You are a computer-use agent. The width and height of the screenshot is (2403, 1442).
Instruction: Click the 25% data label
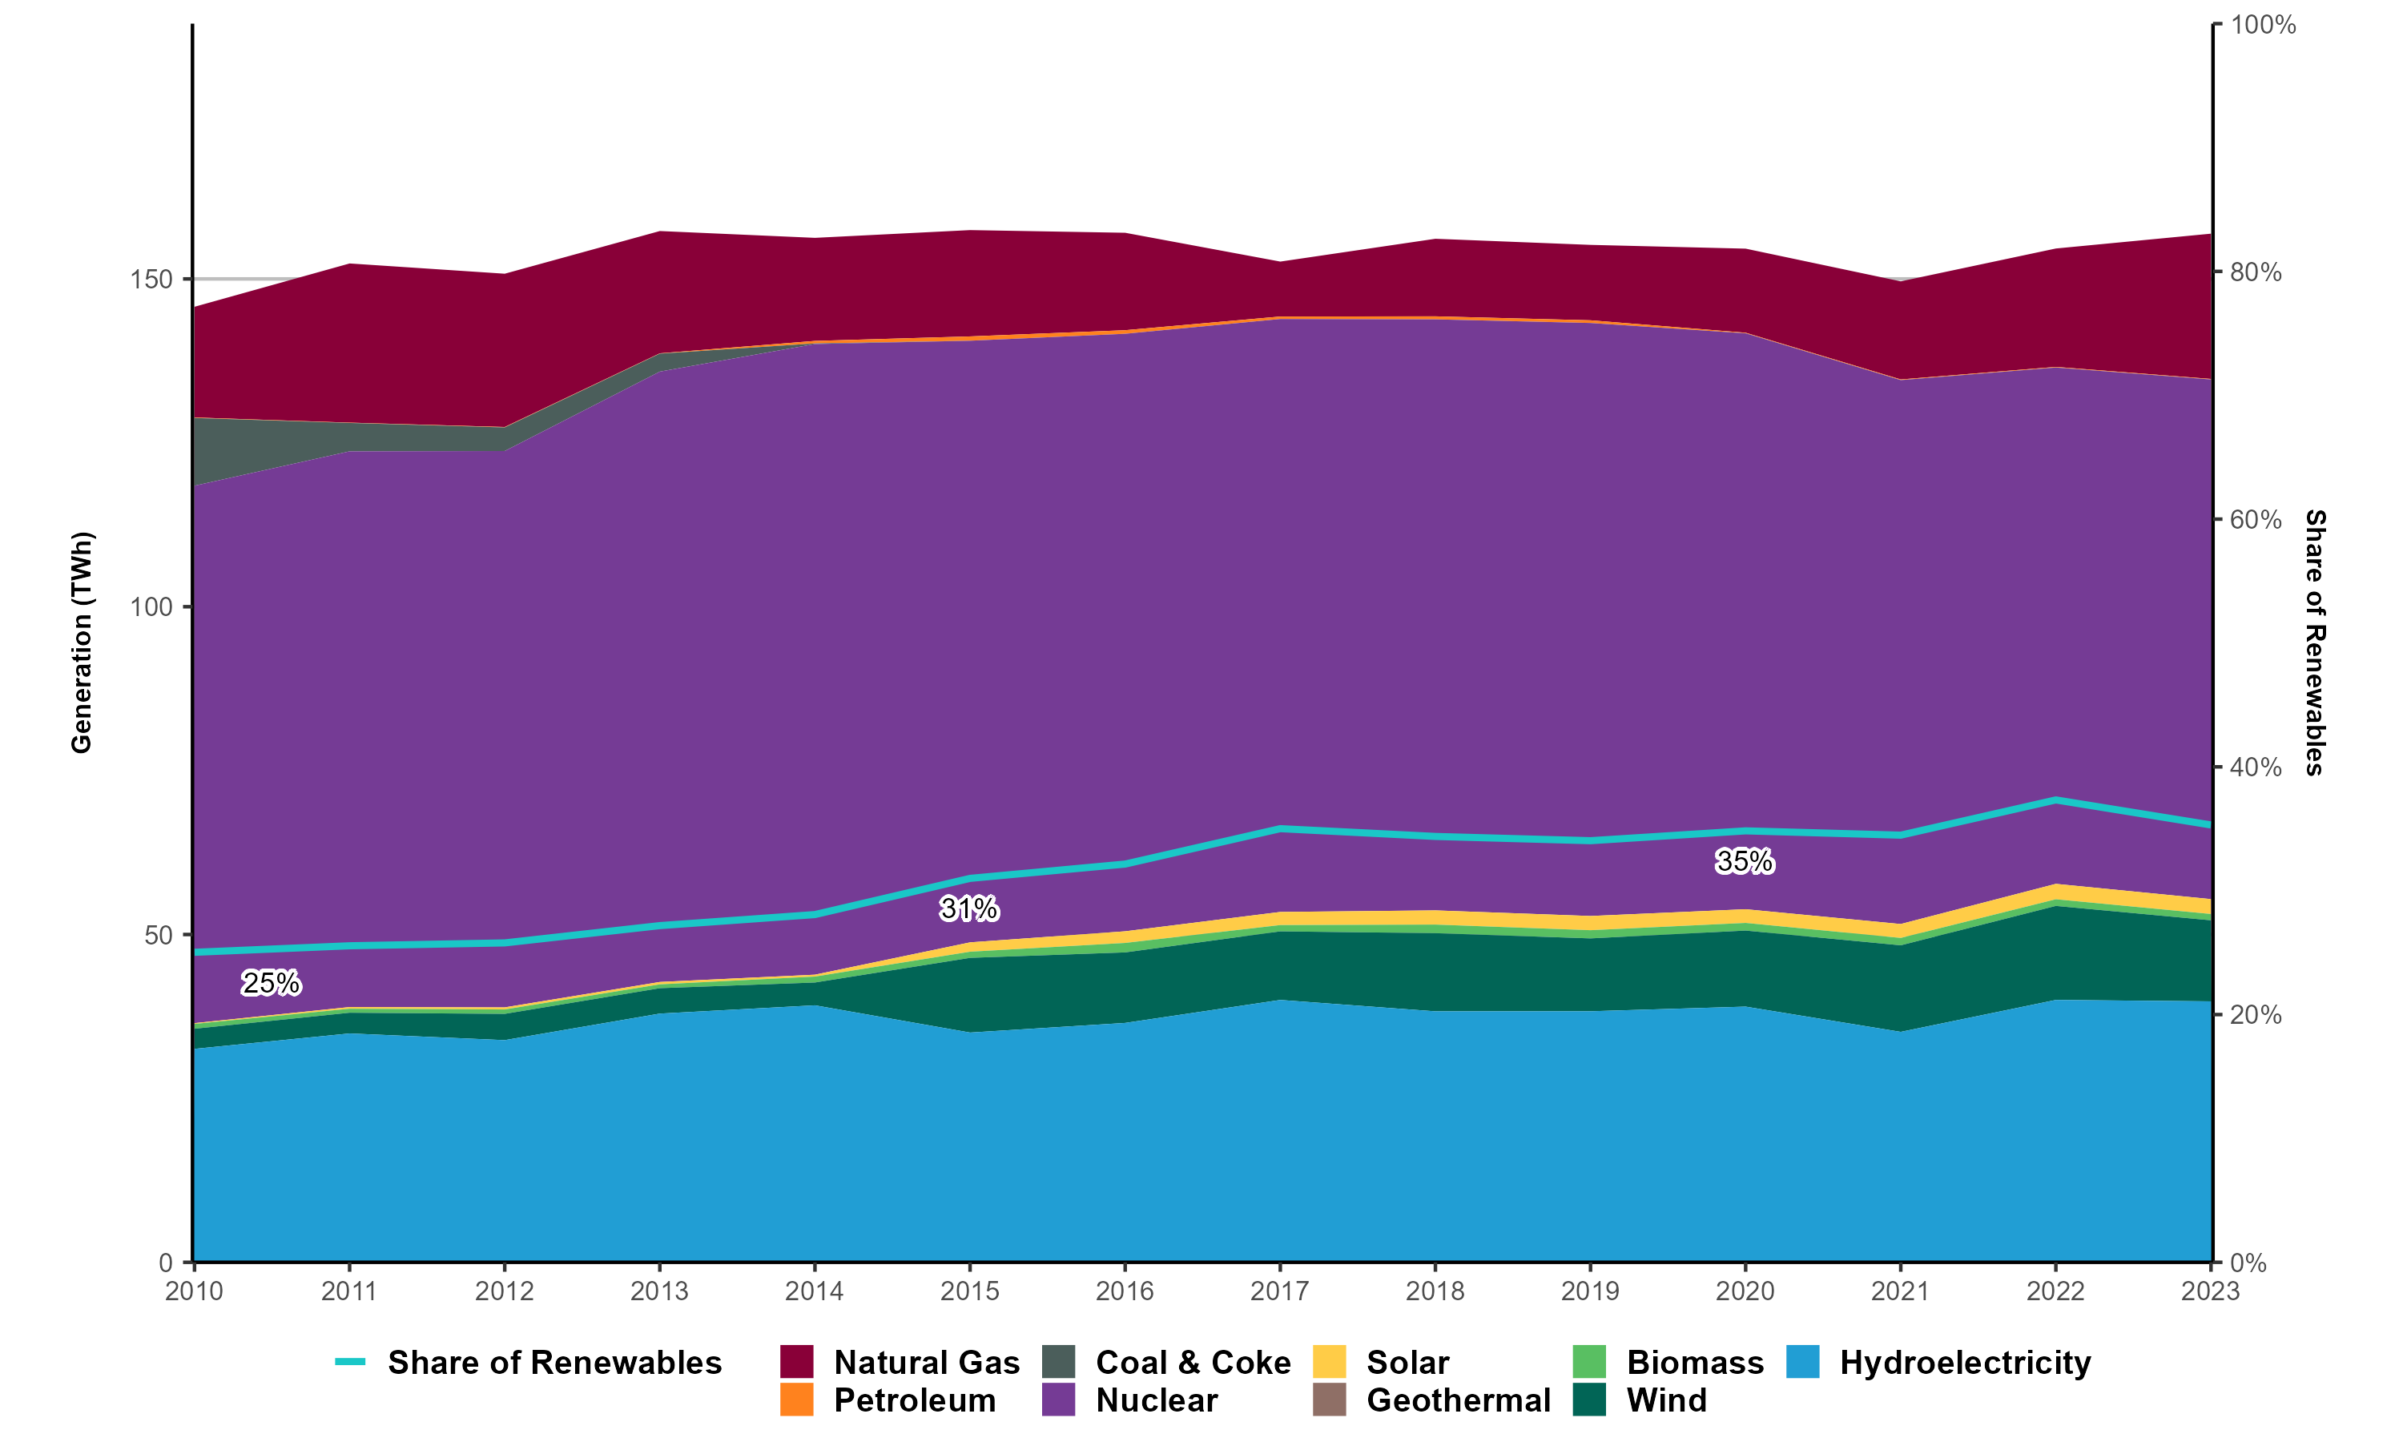click(x=271, y=983)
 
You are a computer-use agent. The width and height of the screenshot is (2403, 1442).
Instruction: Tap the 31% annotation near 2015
click(x=968, y=908)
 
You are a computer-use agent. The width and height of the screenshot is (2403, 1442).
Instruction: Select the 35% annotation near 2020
click(x=1745, y=861)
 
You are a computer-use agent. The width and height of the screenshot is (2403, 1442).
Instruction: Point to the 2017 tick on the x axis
click(x=1279, y=1291)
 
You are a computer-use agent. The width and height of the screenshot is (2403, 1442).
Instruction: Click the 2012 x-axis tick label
click(x=504, y=1291)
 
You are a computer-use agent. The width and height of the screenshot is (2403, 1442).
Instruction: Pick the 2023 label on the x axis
click(x=2210, y=1291)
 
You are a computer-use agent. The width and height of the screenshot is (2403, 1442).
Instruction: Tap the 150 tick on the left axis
click(x=151, y=280)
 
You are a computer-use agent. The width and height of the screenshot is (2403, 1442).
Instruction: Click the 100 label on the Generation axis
click(x=151, y=607)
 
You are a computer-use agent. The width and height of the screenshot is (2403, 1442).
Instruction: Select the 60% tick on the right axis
click(x=2256, y=520)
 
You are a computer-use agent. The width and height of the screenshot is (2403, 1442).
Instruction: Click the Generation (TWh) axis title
click(x=82, y=642)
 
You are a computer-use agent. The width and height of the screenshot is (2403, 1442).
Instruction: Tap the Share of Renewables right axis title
click(x=2316, y=642)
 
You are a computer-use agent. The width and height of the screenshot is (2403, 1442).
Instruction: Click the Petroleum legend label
click(x=914, y=1400)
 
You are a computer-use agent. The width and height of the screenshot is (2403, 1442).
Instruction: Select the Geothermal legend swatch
click(x=1330, y=1400)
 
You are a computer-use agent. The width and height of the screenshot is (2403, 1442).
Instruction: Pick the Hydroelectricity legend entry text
click(x=1965, y=1363)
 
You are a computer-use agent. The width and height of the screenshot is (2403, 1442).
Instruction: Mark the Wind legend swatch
click(x=1589, y=1400)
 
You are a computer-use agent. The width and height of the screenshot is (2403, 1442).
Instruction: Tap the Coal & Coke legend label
click(x=1193, y=1363)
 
